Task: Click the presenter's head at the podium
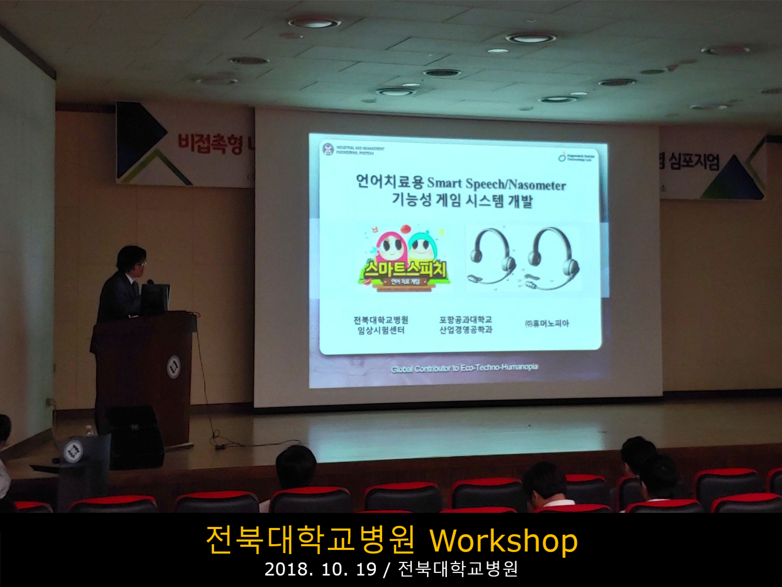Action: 132,261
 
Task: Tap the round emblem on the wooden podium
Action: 174,367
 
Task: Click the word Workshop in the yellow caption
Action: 504,541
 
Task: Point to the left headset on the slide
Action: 490,256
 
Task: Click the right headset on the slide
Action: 552,259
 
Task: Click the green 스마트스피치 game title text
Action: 405,269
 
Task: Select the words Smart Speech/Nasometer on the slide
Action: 496,184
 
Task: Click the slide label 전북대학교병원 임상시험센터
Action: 381,325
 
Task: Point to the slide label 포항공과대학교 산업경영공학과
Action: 466,325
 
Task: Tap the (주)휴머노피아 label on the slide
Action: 547,324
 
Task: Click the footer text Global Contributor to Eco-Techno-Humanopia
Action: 465,368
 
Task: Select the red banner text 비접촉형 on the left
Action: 210,143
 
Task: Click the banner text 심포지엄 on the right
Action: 694,161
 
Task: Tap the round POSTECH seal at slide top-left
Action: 328,149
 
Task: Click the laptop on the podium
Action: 155,298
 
